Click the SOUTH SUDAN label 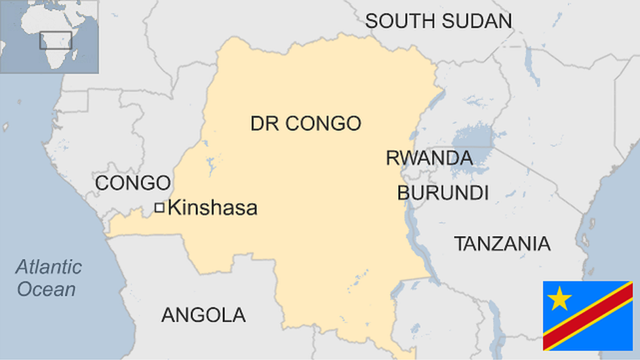(x=438, y=21)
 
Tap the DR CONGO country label (x=306, y=123)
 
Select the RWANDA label (x=429, y=158)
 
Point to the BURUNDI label (x=443, y=193)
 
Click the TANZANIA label (x=502, y=244)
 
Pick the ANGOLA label (x=203, y=315)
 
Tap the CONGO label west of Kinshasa (x=133, y=183)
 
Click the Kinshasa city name (x=212, y=209)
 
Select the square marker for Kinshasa (x=159, y=208)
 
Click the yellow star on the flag (x=559, y=299)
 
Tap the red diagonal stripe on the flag (x=588, y=315)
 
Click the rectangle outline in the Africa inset (x=55, y=39)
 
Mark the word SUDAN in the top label (x=476, y=21)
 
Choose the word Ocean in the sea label (x=47, y=289)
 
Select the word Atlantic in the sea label (x=49, y=267)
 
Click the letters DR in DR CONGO (x=262, y=123)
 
